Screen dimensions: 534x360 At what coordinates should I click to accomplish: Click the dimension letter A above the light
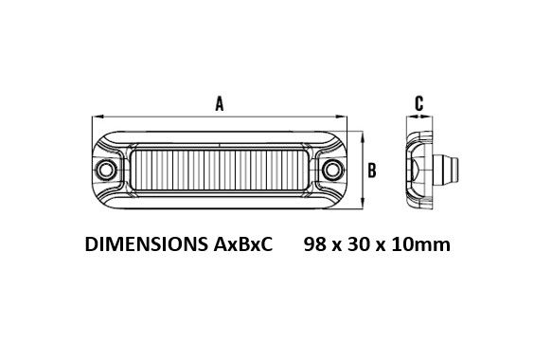(220, 103)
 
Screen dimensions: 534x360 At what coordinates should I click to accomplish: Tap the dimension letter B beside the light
(372, 171)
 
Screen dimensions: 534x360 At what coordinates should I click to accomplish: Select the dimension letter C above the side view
(419, 103)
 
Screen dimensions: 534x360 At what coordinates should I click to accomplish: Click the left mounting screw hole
(106, 170)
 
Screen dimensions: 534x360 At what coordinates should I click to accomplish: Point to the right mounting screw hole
(332, 170)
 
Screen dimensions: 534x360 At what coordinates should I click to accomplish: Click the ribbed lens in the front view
(220, 171)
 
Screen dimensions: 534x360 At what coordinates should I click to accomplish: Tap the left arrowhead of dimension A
(98, 117)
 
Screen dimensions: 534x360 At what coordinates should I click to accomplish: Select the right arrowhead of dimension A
(341, 117)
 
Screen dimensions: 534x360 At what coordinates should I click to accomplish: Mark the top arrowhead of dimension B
(363, 136)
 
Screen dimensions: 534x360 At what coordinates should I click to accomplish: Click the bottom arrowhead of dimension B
(363, 203)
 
